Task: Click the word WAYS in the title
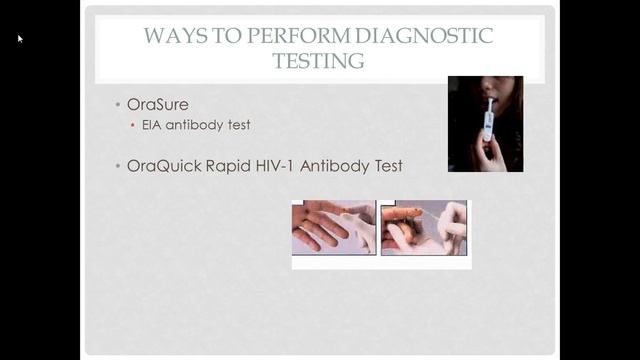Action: [168, 37]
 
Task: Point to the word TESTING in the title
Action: [319, 60]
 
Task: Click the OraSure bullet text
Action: [158, 104]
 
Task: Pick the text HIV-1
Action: [281, 165]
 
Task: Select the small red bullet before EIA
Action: [135, 126]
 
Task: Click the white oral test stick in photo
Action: [488, 122]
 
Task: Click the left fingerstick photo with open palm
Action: [333, 227]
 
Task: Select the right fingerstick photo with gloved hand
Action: [424, 227]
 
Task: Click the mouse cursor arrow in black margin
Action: [20, 39]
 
